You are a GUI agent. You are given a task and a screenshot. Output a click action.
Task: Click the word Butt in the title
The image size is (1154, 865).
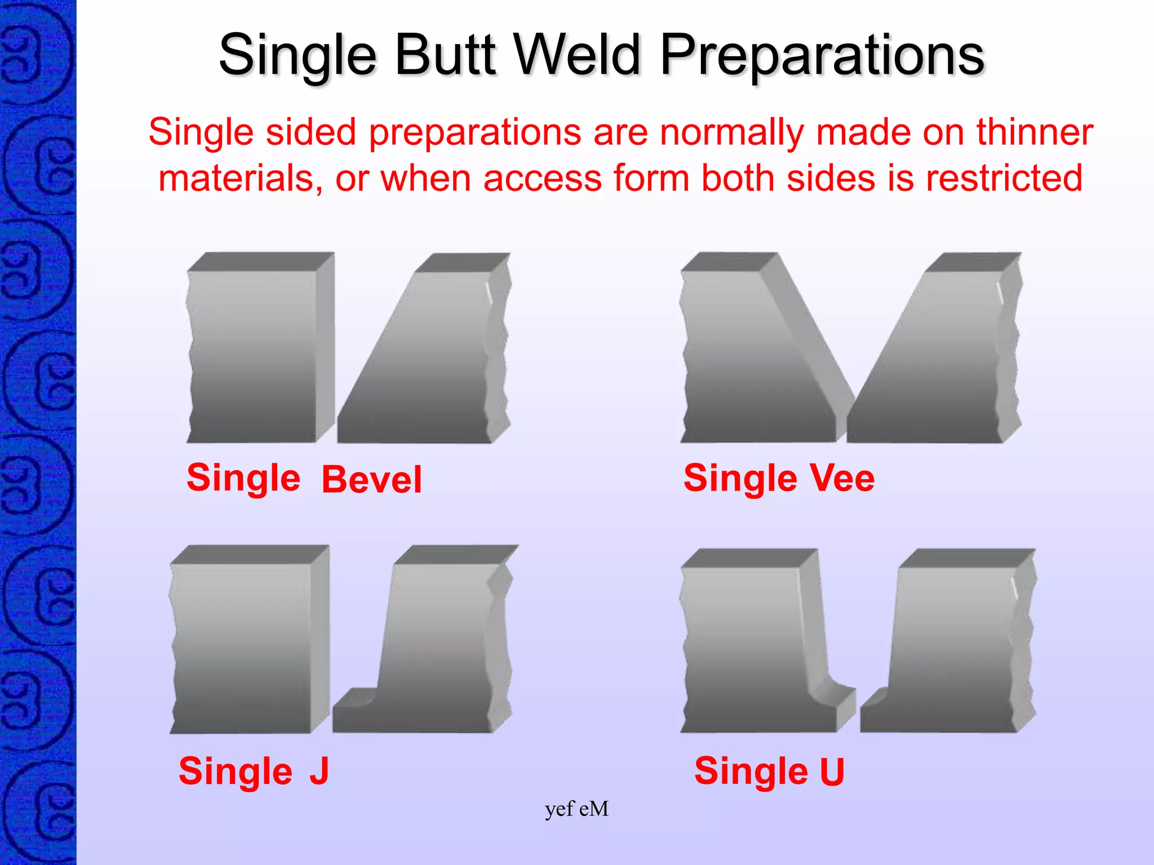(x=445, y=55)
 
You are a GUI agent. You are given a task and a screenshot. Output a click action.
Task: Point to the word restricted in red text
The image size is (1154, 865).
(x=1004, y=179)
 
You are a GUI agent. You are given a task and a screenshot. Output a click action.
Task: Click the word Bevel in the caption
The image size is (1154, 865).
(x=371, y=480)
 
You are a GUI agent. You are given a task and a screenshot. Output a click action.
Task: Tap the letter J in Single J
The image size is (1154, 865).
(x=319, y=771)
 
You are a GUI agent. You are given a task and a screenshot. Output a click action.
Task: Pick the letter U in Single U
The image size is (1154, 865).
(x=832, y=772)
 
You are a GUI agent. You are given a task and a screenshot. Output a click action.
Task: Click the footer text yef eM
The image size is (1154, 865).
(x=576, y=809)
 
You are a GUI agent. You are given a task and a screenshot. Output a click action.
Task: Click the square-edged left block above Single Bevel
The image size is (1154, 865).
(x=254, y=355)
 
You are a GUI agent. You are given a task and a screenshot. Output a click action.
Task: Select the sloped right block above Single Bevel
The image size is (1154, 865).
(x=434, y=366)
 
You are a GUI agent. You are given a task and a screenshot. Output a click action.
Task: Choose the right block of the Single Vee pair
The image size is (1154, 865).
(x=947, y=366)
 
